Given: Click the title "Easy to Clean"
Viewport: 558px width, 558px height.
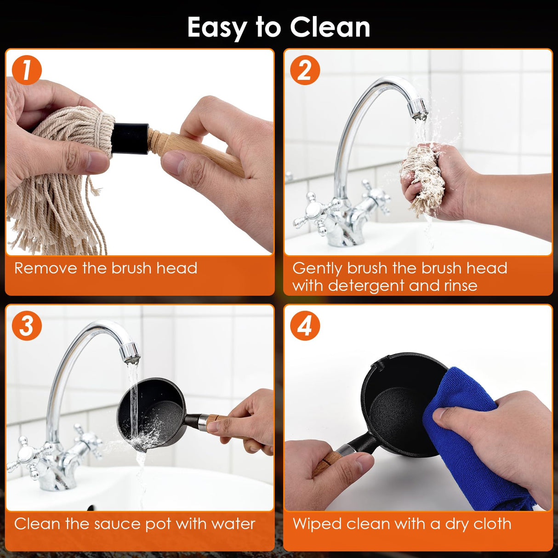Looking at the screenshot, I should (279, 27).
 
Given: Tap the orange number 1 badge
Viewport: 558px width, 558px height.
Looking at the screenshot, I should (27, 70).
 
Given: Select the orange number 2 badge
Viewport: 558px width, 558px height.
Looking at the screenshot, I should (305, 70).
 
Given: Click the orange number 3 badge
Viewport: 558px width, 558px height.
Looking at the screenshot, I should (27, 326).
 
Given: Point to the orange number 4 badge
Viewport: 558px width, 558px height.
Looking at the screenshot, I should (305, 326).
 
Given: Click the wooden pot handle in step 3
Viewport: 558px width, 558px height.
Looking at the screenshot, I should (218, 424).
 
